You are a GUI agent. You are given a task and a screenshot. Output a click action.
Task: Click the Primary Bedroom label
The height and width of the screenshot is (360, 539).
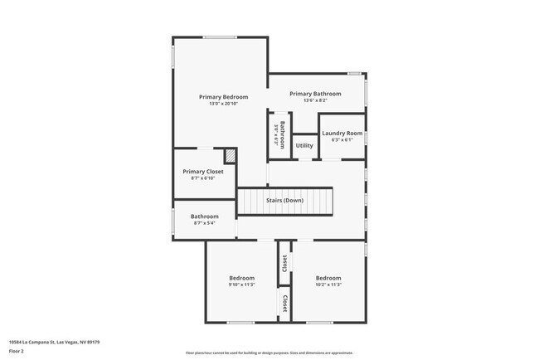(223, 97)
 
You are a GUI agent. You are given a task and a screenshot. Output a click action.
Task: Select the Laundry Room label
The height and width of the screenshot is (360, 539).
(342, 133)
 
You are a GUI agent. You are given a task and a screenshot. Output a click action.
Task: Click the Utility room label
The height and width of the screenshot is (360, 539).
(304, 146)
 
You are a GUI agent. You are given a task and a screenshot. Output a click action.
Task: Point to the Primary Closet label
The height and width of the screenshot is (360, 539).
(203, 172)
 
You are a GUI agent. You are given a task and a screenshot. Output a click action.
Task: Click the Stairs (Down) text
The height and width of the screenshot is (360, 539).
(284, 201)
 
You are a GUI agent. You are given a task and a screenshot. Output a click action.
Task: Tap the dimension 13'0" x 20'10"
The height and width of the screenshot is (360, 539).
(223, 104)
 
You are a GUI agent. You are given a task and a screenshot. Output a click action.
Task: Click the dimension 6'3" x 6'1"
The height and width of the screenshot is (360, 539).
(342, 139)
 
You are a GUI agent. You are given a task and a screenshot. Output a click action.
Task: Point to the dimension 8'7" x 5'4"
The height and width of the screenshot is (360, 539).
(205, 223)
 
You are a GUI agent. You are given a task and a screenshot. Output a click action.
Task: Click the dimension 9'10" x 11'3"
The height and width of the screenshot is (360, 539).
(241, 285)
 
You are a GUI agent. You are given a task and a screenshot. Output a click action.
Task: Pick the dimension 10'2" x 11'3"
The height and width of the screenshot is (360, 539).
(328, 285)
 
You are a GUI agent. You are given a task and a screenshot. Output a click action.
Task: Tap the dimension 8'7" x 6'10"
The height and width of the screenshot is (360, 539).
(203, 178)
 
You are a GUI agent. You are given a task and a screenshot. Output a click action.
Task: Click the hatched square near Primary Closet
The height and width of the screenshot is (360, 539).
(230, 155)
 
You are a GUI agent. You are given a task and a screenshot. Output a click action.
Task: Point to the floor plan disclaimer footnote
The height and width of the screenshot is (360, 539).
(269, 352)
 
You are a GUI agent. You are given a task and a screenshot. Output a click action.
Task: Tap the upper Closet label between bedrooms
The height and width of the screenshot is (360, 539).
(284, 263)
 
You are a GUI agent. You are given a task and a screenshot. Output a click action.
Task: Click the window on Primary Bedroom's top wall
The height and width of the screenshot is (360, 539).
(220, 36)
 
